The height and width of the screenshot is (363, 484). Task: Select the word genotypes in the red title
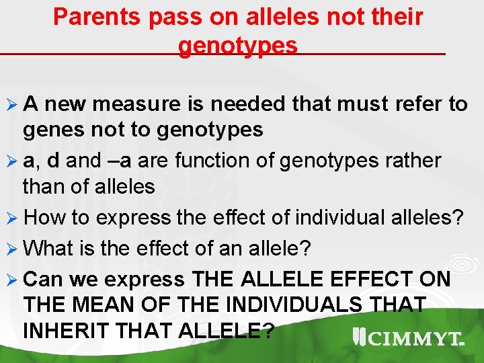[238, 46]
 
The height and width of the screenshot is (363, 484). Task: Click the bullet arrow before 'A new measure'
[12, 105]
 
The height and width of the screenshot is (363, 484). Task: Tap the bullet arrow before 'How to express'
[12, 218]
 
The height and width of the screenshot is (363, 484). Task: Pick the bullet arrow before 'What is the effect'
[12, 249]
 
